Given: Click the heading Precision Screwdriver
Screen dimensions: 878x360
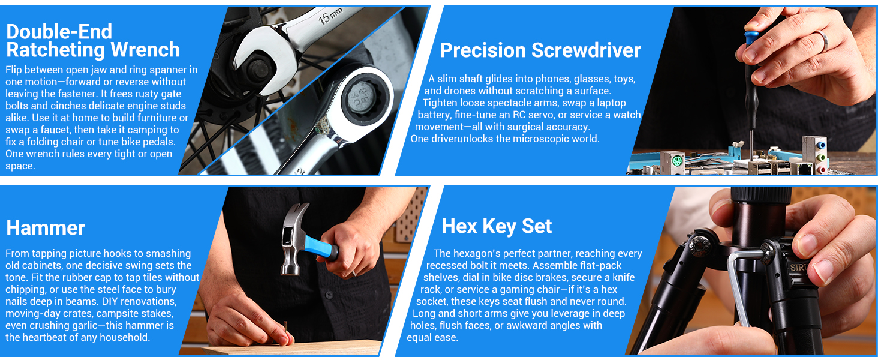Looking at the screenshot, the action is pos(540,50).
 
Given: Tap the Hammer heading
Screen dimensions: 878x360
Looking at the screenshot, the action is pos(46,228).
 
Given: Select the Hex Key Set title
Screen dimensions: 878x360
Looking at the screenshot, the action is pos(497,226).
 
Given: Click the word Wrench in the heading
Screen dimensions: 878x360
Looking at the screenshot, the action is pos(145,50).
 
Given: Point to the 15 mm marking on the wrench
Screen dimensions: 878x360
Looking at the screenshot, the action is pos(330,16).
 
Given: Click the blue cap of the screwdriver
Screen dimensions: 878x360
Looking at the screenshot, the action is pos(751,38).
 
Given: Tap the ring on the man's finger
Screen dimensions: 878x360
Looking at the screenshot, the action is pos(823,41).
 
